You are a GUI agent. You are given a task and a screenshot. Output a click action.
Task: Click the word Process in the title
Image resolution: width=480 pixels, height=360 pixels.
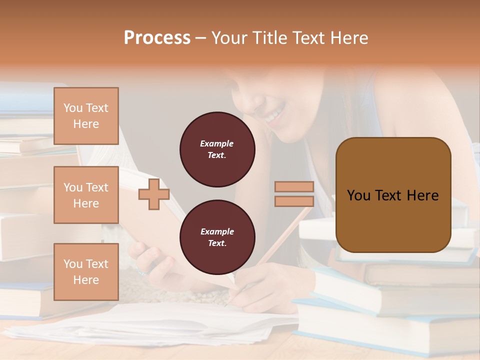(x=157, y=38)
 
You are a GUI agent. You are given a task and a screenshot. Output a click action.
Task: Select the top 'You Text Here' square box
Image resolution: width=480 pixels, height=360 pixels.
(x=86, y=116)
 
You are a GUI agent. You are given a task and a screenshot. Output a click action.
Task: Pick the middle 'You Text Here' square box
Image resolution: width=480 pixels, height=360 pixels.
(x=86, y=195)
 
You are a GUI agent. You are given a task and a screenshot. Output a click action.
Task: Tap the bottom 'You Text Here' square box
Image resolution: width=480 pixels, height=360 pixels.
(x=86, y=272)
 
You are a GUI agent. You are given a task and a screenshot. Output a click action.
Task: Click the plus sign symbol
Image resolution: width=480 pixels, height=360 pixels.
(x=154, y=194)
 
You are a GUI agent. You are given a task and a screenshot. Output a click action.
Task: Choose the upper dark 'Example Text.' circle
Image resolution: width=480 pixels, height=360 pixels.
(x=217, y=149)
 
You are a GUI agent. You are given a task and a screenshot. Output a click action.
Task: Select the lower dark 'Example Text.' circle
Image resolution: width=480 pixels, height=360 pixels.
(x=217, y=237)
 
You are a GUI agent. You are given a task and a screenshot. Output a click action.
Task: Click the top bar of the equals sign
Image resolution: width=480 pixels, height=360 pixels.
(x=294, y=187)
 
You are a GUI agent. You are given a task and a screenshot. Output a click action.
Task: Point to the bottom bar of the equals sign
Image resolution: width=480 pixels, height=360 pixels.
(x=294, y=201)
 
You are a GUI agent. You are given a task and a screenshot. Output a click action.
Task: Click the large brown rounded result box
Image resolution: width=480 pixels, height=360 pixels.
(x=393, y=195)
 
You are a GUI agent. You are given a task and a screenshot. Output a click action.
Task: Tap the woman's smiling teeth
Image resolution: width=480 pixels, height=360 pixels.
(x=274, y=116)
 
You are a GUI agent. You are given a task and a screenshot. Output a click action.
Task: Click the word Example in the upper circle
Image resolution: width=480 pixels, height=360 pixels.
(x=217, y=143)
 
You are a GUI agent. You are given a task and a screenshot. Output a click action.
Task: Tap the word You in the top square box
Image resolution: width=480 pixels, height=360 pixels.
(x=72, y=108)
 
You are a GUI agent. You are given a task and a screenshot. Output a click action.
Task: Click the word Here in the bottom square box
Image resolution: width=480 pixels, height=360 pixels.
(x=86, y=280)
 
